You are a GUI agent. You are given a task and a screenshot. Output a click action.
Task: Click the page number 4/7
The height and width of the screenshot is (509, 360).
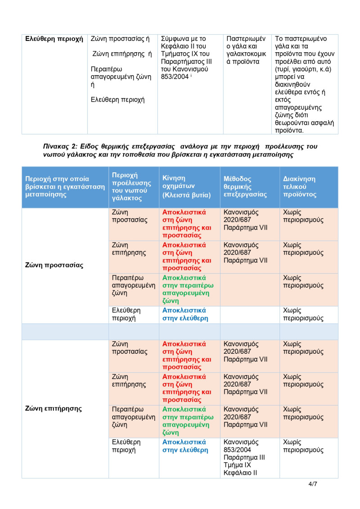pos(313,484)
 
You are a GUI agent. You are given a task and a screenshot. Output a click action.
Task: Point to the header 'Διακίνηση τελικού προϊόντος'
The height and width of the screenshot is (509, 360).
pos(299,187)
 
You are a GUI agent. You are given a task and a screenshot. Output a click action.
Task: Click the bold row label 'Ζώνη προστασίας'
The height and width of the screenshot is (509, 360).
pos(54,265)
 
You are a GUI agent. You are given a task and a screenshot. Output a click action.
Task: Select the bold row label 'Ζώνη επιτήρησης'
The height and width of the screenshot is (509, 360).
pos(54,409)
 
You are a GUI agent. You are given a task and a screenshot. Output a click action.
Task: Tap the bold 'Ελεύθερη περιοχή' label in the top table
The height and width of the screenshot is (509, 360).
pos(54,39)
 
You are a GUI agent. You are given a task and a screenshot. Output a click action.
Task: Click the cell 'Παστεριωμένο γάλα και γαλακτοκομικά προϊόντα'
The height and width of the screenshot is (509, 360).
pos(246,50)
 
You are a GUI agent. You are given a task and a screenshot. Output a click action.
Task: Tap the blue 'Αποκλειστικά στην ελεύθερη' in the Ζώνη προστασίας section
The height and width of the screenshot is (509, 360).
pos(184,314)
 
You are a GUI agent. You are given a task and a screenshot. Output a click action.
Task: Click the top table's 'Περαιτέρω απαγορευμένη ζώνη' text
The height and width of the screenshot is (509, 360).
pos(120,77)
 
